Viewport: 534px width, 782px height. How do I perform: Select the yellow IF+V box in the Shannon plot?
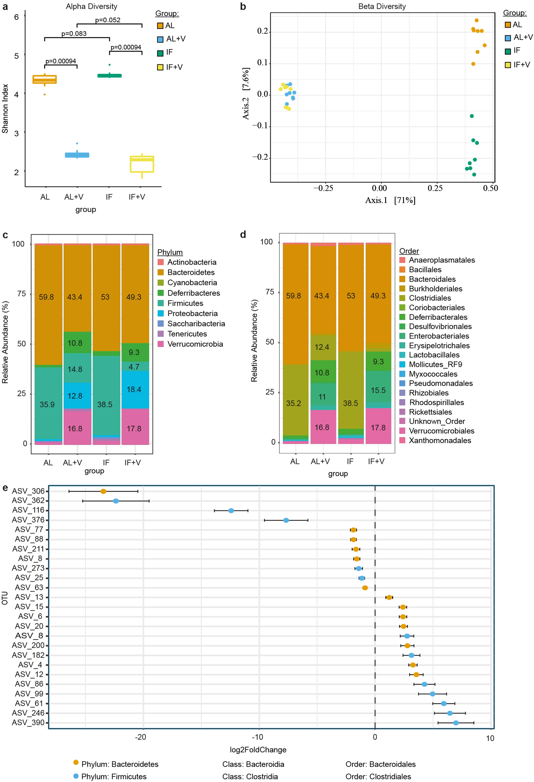pyautogui.click(x=142, y=164)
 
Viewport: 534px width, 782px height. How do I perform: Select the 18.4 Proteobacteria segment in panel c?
pyautogui.click(x=134, y=390)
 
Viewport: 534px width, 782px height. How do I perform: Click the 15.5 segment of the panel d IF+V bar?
pyautogui.click(x=378, y=390)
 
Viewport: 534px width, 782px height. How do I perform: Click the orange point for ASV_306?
pyautogui.click(x=103, y=491)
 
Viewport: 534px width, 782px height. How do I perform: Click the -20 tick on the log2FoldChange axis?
pyautogui.click(x=141, y=737)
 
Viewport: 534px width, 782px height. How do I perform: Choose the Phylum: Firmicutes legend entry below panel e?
pyautogui.click(x=114, y=777)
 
